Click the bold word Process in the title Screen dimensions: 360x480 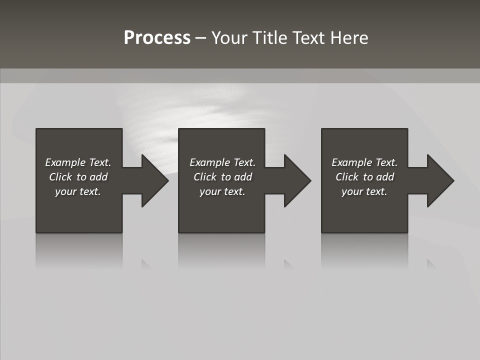click(x=157, y=38)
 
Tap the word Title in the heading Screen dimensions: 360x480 click(x=273, y=38)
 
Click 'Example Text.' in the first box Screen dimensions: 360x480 click(x=78, y=162)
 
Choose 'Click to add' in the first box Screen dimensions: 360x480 click(x=78, y=177)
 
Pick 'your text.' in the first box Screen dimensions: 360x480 click(x=78, y=191)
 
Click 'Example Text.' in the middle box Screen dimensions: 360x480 click(x=222, y=162)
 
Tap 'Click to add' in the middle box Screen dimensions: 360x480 click(x=222, y=177)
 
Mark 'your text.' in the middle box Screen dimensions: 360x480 click(x=222, y=191)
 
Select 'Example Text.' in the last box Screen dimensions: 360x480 click(x=364, y=162)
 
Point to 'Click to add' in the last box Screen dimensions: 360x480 click(x=364, y=177)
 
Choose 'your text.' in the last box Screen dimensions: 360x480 click(x=364, y=191)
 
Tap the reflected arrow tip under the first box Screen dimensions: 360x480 click(x=146, y=264)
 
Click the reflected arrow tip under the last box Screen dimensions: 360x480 click(x=431, y=264)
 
